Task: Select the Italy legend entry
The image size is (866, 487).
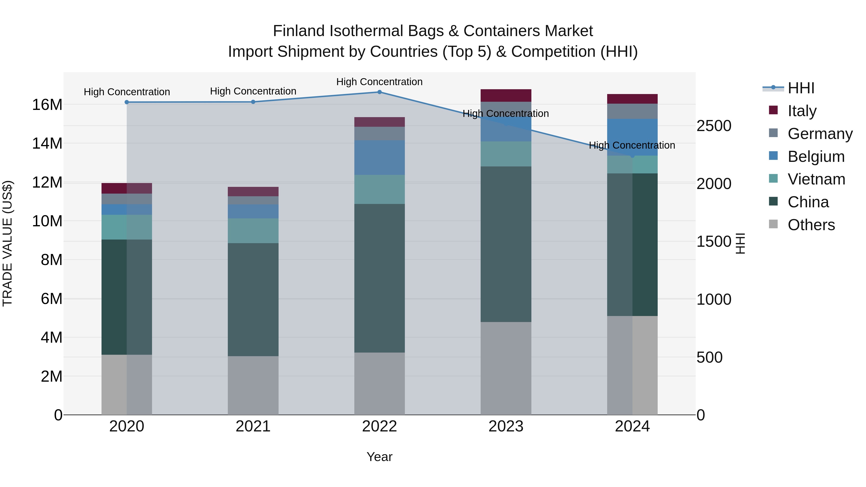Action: point(802,111)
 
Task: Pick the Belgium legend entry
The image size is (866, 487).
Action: point(816,157)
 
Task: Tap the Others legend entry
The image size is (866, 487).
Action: point(811,225)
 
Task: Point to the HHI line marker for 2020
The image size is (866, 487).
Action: point(127,102)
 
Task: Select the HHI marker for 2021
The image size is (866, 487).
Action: point(253,102)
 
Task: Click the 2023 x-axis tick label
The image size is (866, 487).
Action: point(506,426)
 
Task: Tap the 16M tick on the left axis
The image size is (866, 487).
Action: point(47,105)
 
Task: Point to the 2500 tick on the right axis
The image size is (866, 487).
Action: point(714,126)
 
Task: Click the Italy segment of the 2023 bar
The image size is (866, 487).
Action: point(506,95)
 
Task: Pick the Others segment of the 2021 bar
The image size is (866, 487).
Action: point(253,385)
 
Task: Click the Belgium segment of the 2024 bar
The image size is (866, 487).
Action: point(632,137)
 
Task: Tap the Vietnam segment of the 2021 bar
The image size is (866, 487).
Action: point(253,231)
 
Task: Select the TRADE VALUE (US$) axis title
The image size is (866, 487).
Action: point(7,243)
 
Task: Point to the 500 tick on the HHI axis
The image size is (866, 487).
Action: point(709,357)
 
